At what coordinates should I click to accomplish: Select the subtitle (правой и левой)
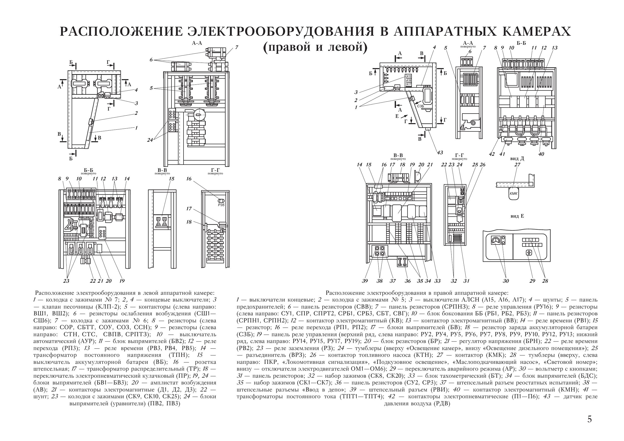tap(315, 47)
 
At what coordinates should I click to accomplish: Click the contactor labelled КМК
tap(514, 193)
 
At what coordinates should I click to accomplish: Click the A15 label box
tap(409, 77)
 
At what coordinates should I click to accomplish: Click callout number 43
tap(440, 153)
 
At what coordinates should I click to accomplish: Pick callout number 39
tap(365, 281)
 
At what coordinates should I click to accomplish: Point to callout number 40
tap(541, 154)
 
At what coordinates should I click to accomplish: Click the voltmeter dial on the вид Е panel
tap(496, 240)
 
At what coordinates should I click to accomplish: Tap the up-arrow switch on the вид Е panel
tap(529, 253)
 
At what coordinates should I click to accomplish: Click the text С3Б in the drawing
tap(420, 106)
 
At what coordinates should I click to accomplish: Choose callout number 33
tap(437, 281)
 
